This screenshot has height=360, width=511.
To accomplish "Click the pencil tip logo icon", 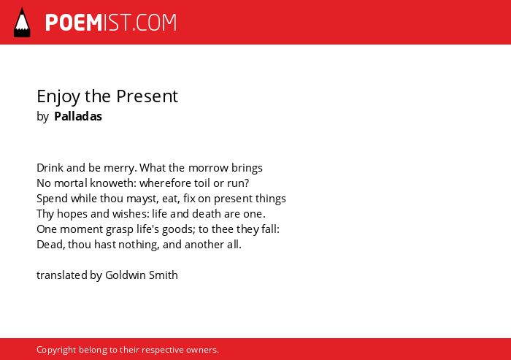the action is (x=22, y=23).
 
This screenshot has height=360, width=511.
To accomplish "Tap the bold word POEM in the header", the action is (x=74, y=23).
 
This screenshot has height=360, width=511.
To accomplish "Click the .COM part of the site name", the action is (x=154, y=23).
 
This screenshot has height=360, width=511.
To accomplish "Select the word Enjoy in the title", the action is (x=58, y=96).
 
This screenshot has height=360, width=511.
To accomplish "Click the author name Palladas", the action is (x=78, y=116).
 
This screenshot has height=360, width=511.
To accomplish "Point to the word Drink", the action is (x=50, y=168).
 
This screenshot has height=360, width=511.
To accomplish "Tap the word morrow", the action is (x=208, y=168).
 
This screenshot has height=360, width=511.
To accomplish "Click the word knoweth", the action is (x=110, y=183).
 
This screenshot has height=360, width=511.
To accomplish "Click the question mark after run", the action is (x=247, y=183).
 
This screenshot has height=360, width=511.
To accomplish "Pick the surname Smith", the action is (x=164, y=275).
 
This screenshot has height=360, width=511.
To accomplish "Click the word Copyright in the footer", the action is (x=56, y=350).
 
